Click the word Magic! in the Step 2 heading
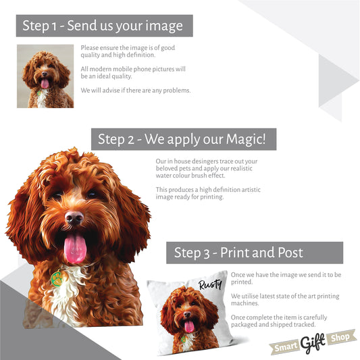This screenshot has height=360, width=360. point(246,139)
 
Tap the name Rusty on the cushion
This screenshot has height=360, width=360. point(210,285)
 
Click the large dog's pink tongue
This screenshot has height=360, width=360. point(75,248)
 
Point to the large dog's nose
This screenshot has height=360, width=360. point(74,217)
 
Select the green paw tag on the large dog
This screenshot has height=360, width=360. point(57,279)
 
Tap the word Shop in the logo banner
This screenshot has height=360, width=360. point(340,337)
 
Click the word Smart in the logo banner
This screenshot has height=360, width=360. point(286,347)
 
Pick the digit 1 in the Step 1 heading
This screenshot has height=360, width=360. point(54,26)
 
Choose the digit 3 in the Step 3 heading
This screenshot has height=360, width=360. point(207,254)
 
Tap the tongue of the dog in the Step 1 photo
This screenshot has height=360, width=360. point(45,83)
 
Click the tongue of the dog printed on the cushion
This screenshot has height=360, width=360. point(189,326)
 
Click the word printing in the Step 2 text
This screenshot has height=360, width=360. point(211,197)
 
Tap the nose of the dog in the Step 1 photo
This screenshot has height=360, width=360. point(45,74)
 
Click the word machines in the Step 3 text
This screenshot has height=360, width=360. point(245,303)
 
